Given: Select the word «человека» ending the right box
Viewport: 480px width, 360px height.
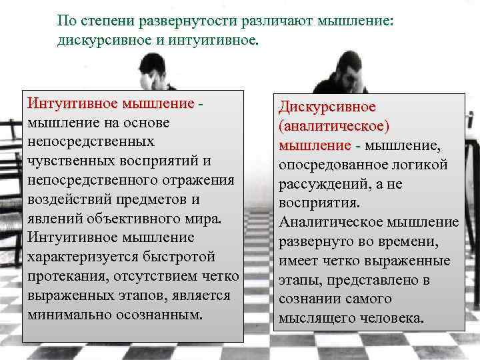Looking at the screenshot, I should (x=391, y=318).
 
